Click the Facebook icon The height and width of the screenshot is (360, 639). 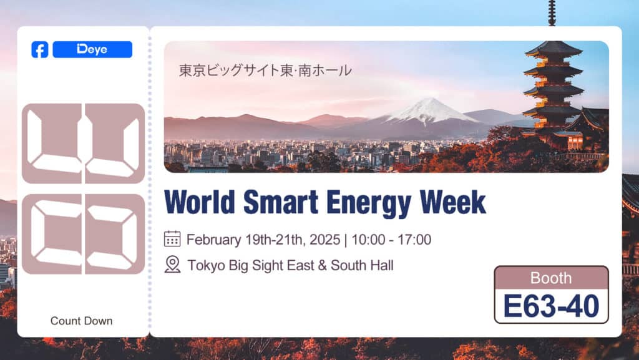[39, 50]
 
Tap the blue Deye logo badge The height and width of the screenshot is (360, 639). [92, 50]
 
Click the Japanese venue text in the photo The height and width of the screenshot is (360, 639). [265, 71]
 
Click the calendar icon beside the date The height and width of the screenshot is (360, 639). [172, 239]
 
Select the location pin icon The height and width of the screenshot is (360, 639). [172, 265]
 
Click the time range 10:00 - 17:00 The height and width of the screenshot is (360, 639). [391, 240]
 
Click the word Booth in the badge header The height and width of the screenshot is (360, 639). [551, 278]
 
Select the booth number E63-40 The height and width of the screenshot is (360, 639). [551, 306]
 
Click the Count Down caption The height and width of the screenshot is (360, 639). [82, 321]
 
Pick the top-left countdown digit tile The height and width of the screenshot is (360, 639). [52, 144]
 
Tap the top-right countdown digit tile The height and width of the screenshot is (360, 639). [114, 144]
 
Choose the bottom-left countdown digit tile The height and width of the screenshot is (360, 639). [52, 234]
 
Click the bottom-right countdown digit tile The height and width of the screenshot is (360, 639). [114, 234]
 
